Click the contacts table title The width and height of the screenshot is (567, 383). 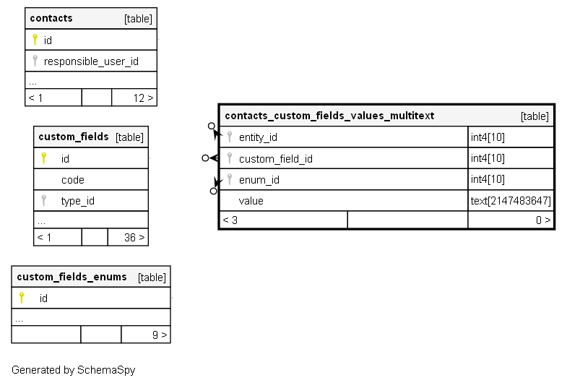pos(51,18)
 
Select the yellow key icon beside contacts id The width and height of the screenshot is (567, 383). pos(35,40)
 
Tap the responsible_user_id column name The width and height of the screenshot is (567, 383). pos(91,61)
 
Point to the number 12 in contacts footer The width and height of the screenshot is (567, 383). pos(139,98)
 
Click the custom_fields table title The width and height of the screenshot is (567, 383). pos(74,137)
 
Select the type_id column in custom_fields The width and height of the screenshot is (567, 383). pos(78,201)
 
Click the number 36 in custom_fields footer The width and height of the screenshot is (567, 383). pos(130,237)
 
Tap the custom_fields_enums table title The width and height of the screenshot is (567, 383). pos(72,277)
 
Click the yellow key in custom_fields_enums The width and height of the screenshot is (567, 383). pos(22,298)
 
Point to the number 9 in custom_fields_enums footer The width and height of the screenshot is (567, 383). pos(155,335)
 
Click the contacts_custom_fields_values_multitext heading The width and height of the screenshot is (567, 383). pos(329,116)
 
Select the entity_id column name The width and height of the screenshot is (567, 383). pos(258,137)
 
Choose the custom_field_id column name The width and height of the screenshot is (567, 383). pos(275,159)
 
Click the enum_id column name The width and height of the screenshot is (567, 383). pos(259,180)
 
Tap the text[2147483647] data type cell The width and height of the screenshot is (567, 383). pos(511,201)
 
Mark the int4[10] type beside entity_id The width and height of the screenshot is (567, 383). pos(488,137)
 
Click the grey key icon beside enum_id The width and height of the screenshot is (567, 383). pos(229,179)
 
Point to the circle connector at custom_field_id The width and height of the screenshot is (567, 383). pos(205,158)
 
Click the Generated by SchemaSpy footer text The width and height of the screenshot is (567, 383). pos(74,370)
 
